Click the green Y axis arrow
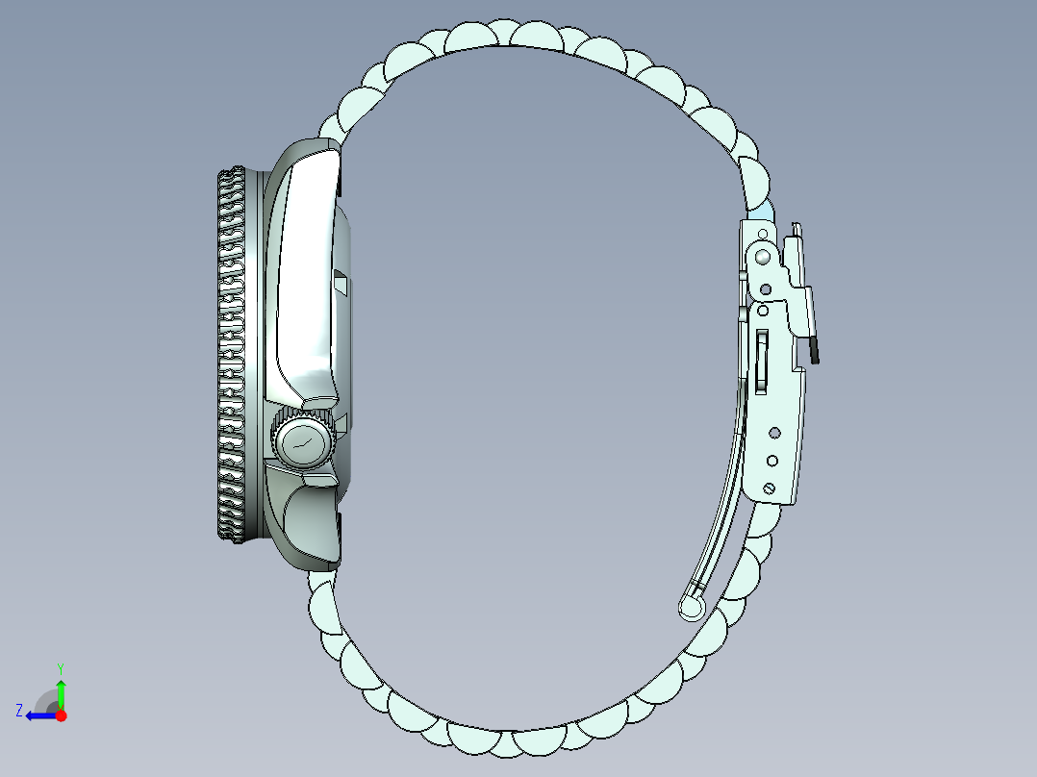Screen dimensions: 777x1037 click(x=61, y=693)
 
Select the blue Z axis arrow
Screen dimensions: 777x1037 click(x=38, y=715)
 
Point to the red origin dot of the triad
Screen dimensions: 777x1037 click(x=61, y=715)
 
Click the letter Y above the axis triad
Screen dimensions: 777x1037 click(x=61, y=667)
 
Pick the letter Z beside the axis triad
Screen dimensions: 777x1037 click(x=19, y=711)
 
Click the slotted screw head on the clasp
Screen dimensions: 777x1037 click(x=770, y=489)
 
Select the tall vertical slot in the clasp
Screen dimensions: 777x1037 click(x=762, y=361)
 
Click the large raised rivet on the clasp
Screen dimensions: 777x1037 click(x=762, y=256)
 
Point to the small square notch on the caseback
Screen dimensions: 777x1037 click(x=341, y=281)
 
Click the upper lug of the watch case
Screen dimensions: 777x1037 click(x=313, y=154)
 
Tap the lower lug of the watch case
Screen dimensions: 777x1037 click(x=313, y=539)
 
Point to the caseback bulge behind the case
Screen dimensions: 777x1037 click(x=346, y=356)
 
